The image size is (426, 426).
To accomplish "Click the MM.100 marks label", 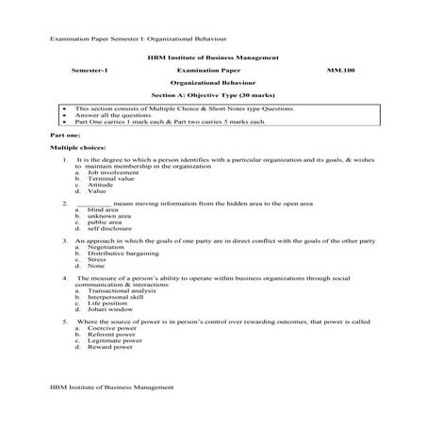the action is click(340, 71).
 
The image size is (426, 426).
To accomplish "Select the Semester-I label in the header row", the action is click(90, 71).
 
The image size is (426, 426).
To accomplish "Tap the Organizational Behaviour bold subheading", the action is click(212, 83).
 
